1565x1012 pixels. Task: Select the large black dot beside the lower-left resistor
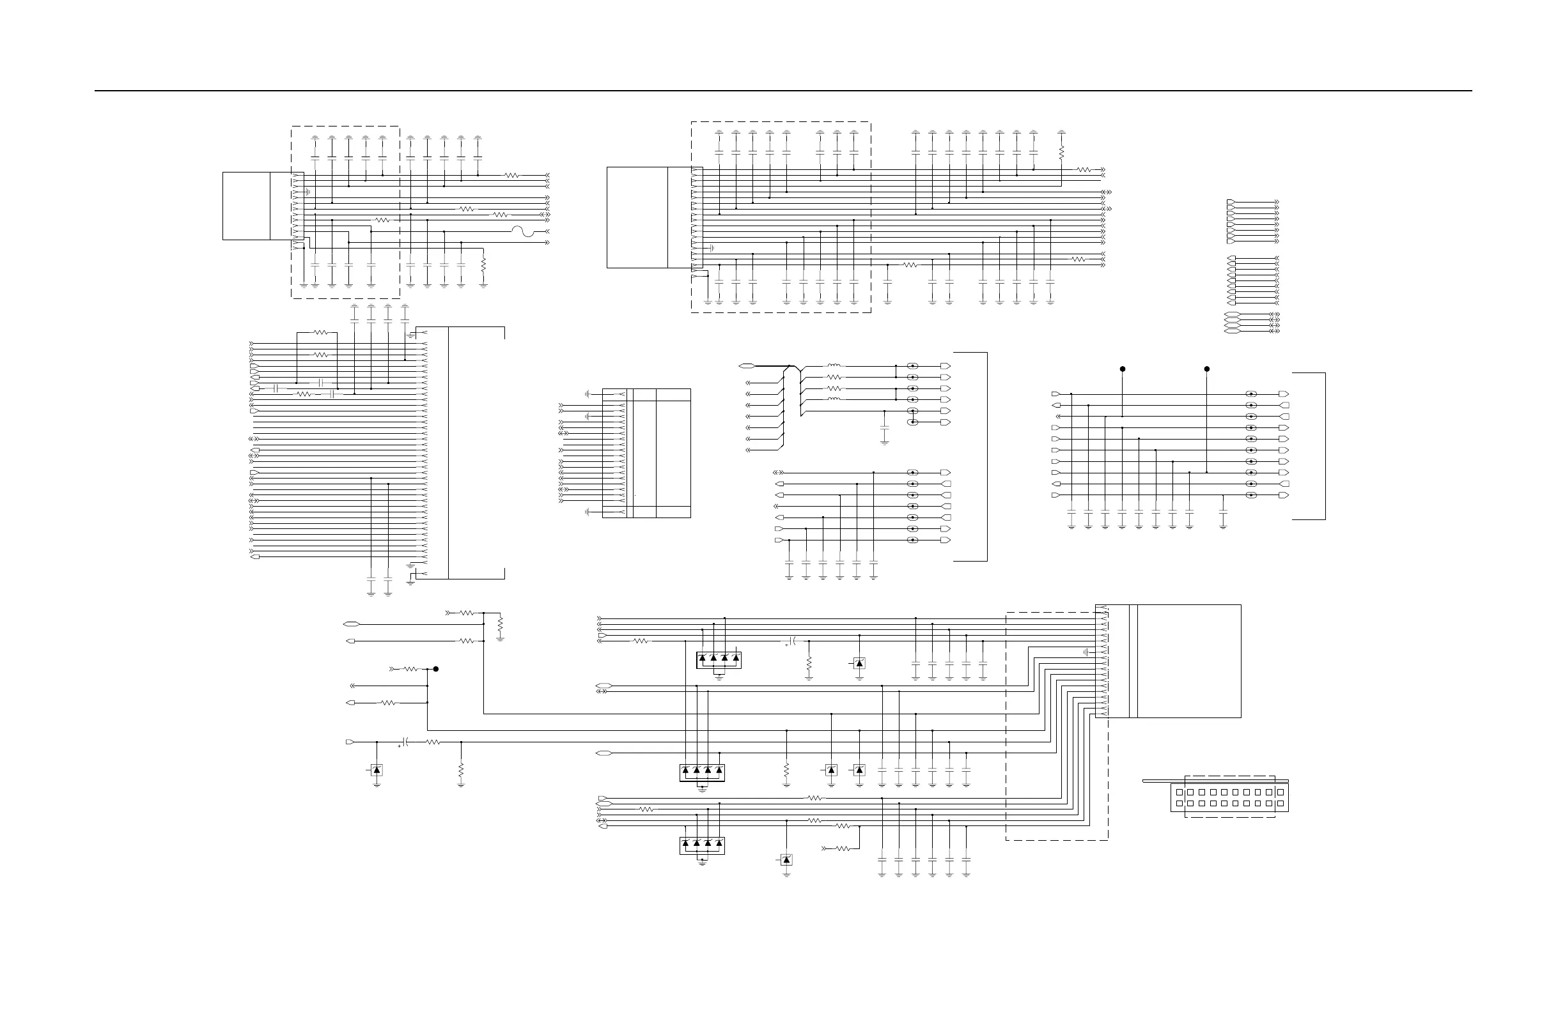(435, 669)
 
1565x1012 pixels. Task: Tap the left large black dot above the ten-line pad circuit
(1123, 369)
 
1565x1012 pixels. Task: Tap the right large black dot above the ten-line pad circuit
(1206, 369)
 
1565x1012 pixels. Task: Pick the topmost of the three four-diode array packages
(719, 660)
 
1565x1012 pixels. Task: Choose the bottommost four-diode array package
(701, 846)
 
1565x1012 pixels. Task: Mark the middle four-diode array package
(701, 773)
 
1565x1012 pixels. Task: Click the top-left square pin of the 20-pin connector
(1180, 792)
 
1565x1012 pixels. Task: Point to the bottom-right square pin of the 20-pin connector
(1280, 804)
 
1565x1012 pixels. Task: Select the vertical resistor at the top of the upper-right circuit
(1061, 153)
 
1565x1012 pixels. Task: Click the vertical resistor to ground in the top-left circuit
(483, 265)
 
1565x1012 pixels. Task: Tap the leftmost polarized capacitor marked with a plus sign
(406, 742)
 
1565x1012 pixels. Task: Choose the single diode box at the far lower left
(377, 770)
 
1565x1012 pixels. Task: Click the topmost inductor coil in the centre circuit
(834, 366)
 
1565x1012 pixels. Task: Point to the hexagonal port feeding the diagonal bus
(746, 366)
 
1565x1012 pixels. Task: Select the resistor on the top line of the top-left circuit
(511, 176)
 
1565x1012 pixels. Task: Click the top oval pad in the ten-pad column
(1251, 394)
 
